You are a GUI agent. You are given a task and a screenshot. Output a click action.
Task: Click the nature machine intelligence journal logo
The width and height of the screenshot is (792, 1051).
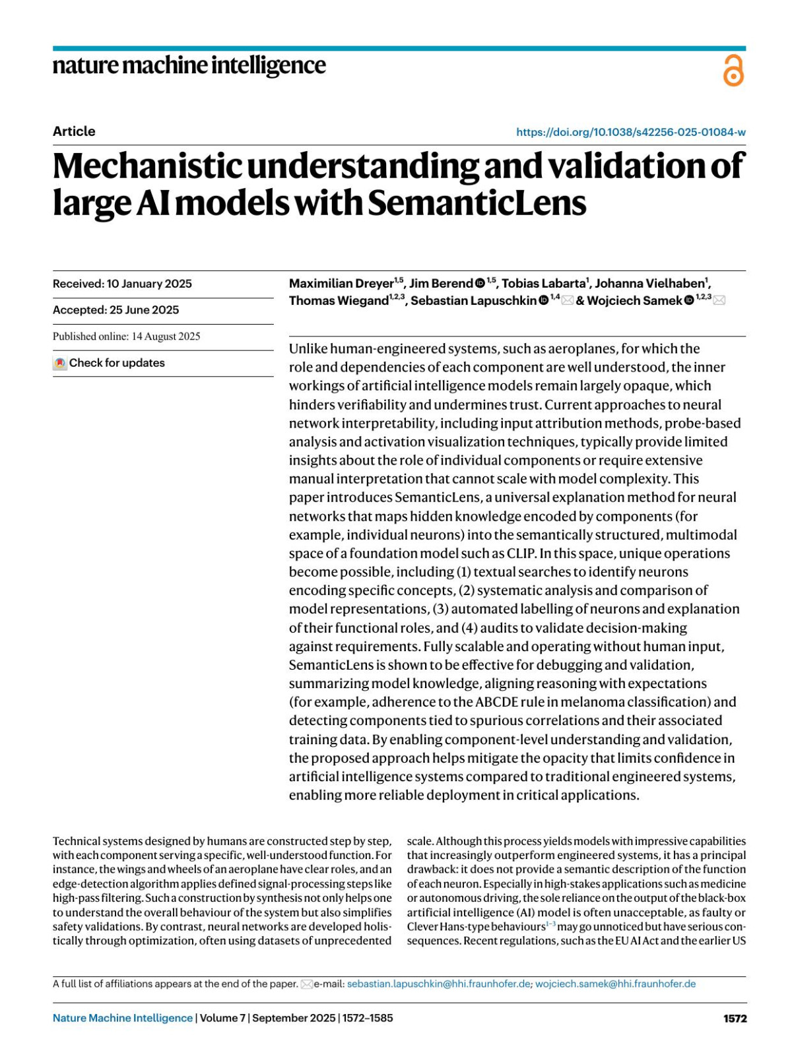click(x=189, y=66)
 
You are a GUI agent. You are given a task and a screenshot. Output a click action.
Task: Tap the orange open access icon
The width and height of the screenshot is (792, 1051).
click(x=733, y=71)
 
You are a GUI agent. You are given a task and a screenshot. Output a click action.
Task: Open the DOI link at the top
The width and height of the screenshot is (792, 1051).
click(x=630, y=132)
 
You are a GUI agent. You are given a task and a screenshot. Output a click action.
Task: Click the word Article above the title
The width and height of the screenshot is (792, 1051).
click(x=74, y=131)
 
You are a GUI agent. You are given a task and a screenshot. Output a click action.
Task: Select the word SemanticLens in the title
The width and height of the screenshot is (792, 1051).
click(x=477, y=203)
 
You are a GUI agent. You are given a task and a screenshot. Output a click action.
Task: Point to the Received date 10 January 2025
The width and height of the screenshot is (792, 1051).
click(x=122, y=284)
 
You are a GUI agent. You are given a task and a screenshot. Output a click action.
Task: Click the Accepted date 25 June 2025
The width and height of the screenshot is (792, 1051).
click(x=115, y=310)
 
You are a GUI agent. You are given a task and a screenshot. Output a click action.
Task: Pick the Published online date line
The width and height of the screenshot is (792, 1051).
click(x=126, y=336)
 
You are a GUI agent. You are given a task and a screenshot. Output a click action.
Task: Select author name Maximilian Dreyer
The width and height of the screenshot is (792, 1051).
click(x=341, y=284)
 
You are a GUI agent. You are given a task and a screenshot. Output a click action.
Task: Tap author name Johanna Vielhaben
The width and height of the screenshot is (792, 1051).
click(x=649, y=284)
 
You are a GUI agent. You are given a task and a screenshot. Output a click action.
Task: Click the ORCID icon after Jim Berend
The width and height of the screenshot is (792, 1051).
click(x=480, y=284)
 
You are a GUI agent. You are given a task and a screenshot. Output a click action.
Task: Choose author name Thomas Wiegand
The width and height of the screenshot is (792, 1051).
click(x=339, y=301)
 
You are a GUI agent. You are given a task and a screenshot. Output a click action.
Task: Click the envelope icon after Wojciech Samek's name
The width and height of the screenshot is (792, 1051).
click(x=719, y=301)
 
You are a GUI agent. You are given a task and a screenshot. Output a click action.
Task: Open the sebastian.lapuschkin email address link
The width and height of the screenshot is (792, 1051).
click(x=438, y=984)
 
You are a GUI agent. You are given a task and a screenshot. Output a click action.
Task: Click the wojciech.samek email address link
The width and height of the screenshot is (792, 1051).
click(x=615, y=984)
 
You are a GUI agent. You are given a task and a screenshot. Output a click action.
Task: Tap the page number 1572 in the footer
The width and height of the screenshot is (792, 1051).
click(x=735, y=1018)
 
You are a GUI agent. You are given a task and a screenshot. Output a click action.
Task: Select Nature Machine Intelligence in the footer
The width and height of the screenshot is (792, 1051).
click(x=123, y=1018)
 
